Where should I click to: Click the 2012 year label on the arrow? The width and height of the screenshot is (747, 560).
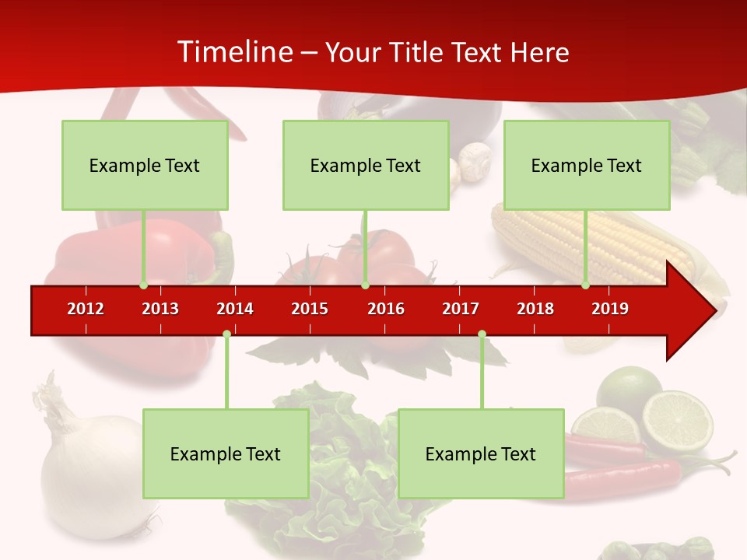pos(86,309)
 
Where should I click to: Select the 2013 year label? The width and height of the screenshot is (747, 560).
pos(160,309)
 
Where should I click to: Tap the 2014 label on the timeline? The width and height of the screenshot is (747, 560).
pos(235,309)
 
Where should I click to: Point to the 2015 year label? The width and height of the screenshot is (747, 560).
pos(310,309)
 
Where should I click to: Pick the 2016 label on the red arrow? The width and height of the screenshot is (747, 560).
pos(386,309)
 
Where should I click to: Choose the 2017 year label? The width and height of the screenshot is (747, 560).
pos(461,309)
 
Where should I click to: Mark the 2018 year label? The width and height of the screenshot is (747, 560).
pos(535,309)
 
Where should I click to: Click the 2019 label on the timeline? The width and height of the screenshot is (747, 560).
pos(610,309)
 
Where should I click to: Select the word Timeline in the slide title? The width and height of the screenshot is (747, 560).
pos(233,52)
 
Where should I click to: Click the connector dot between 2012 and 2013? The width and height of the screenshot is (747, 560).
pos(143,285)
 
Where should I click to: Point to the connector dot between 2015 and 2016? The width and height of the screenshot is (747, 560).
pos(365,285)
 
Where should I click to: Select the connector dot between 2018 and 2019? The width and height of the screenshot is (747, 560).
pos(586,285)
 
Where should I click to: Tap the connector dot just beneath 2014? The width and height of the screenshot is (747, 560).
pos(226,334)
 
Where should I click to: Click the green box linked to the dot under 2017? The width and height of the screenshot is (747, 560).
pos(481,453)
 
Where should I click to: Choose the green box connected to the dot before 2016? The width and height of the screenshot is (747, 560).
pos(366,165)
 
